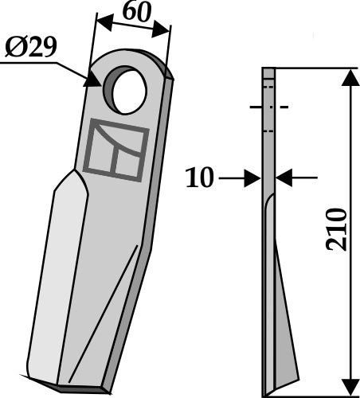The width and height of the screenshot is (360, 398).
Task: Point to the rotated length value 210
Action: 337,232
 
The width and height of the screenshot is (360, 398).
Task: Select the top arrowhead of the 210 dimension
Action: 349,77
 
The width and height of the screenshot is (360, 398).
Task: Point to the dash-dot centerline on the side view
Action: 268,107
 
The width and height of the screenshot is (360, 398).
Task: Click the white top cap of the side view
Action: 268,73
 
